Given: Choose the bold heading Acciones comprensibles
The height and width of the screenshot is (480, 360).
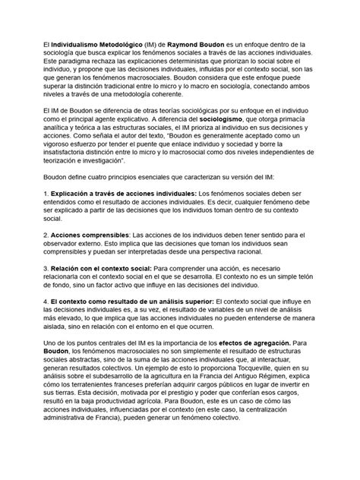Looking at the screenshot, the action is [x=90, y=257].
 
